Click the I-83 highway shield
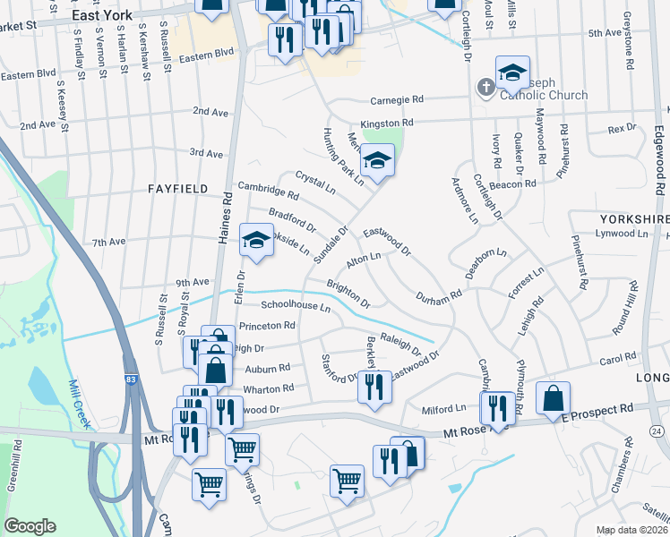point(131,380)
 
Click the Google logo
point(30,526)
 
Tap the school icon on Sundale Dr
point(378,160)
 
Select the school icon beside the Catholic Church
point(512,72)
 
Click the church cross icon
point(485,87)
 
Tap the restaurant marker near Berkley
point(374,386)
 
